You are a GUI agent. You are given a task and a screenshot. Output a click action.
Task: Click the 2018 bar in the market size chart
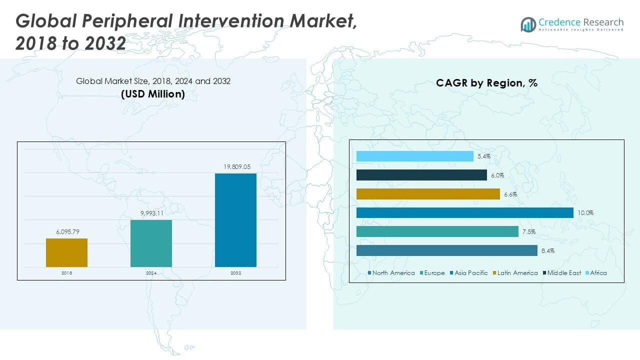(66, 252)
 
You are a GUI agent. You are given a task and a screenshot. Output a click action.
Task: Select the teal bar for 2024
(151, 243)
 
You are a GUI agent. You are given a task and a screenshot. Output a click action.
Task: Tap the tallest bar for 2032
(235, 220)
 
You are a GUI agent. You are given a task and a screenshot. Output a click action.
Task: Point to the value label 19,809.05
(235, 167)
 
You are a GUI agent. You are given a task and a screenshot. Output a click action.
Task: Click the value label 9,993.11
(151, 213)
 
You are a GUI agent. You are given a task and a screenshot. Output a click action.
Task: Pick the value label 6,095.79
(66, 232)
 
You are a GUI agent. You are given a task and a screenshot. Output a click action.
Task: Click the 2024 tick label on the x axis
(151, 273)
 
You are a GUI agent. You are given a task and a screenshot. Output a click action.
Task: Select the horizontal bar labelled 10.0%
(464, 212)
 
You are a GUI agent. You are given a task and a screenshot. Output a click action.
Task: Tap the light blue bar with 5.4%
(414, 156)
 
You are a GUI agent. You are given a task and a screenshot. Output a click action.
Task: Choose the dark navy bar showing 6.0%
(421, 175)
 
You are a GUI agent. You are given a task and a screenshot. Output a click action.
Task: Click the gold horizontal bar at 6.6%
(428, 194)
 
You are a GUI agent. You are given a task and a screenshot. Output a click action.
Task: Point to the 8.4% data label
(547, 251)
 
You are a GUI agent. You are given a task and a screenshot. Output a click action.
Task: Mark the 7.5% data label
(529, 232)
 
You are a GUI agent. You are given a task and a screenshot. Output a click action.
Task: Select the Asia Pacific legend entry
(470, 273)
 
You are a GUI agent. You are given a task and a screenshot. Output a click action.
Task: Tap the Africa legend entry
(598, 273)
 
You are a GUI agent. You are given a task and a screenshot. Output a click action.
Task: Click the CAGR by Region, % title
(486, 83)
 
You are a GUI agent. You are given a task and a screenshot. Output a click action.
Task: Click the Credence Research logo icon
(528, 24)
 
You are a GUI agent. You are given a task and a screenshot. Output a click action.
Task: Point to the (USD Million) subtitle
(153, 93)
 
